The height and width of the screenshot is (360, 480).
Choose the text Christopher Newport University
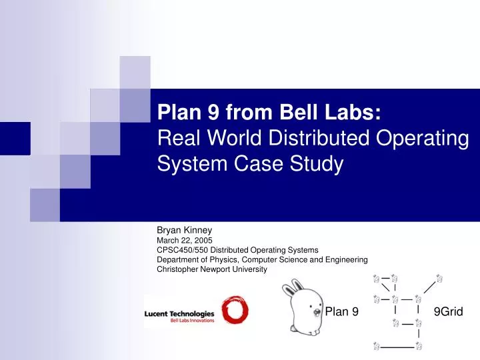click(211, 270)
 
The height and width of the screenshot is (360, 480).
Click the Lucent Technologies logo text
click(179, 313)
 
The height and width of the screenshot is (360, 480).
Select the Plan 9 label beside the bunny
click(341, 311)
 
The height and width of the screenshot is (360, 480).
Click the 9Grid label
click(448, 311)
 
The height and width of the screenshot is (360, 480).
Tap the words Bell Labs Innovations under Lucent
click(193, 321)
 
